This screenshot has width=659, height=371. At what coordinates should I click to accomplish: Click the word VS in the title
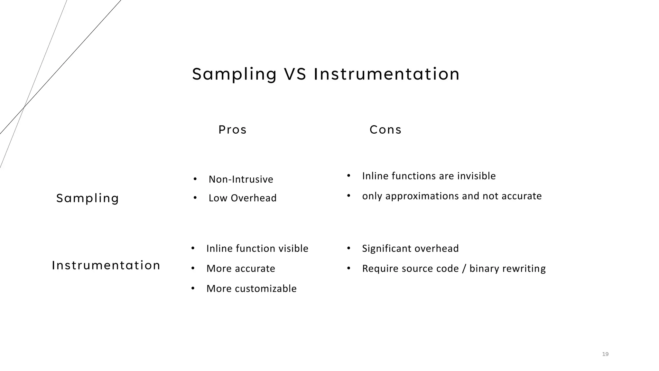(x=295, y=74)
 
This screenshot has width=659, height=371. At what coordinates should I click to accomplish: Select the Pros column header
(x=232, y=130)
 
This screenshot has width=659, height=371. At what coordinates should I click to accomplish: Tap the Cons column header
(x=385, y=130)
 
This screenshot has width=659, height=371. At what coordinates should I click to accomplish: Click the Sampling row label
(x=88, y=198)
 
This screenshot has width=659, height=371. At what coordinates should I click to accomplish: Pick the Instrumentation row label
(x=106, y=265)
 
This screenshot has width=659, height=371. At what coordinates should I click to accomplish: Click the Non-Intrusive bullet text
(x=241, y=179)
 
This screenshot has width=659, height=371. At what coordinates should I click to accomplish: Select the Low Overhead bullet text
(x=242, y=198)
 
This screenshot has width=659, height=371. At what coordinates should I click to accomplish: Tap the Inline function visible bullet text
(x=257, y=249)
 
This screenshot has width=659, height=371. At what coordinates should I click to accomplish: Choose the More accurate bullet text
(x=241, y=269)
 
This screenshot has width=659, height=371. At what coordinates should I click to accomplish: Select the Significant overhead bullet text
(x=410, y=249)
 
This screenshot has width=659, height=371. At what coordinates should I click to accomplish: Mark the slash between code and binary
(x=464, y=269)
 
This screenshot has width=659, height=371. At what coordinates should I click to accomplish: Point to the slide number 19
(x=605, y=354)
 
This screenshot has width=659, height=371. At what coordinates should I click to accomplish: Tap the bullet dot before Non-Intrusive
(x=195, y=179)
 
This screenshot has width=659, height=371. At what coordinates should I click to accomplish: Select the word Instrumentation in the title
(x=386, y=74)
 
